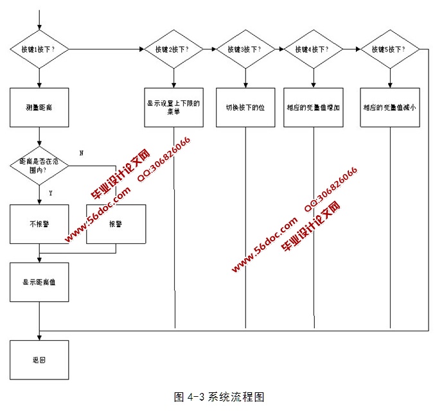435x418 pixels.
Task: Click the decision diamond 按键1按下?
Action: [39, 49]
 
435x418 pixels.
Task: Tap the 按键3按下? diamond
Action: [245, 49]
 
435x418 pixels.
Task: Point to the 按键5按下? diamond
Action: [389, 49]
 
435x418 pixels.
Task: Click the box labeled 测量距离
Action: [39, 107]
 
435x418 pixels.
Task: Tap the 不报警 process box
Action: [39, 224]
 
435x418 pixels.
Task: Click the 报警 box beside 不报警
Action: [116, 224]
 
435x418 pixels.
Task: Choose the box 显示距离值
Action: [39, 281]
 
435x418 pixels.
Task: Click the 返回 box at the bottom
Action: [39, 360]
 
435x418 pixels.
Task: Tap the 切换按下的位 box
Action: [245, 107]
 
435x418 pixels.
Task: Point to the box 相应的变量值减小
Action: [389, 107]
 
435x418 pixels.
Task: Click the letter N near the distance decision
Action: [81, 153]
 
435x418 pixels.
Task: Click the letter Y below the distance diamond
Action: [50, 192]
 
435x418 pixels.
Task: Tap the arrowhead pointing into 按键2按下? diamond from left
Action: [142, 49]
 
